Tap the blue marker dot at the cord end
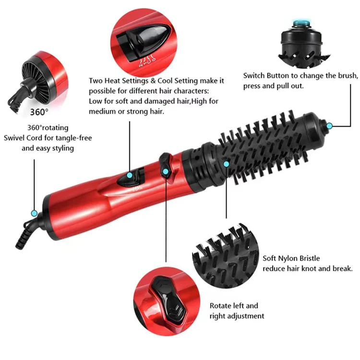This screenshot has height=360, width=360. pyautogui.click(x=34, y=213)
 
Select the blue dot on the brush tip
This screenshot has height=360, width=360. pyautogui.click(x=329, y=126)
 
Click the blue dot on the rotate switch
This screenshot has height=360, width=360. pyautogui.click(x=166, y=171)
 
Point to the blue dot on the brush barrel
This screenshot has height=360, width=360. pyautogui.click(x=227, y=164)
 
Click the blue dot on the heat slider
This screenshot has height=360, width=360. pyautogui.click(x=130, y=176)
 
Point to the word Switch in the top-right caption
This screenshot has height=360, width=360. pyautogui.click(x=254, y=76)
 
